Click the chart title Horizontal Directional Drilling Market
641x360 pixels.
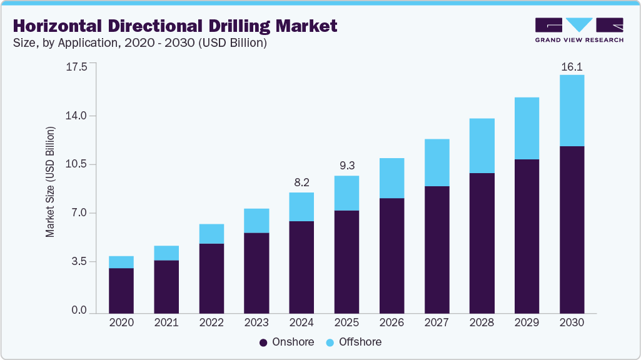tap(175, 26)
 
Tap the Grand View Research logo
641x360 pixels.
tap(579, 30)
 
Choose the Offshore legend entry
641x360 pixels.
tap(353, 342)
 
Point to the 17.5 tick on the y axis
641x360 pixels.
tap(77, 67)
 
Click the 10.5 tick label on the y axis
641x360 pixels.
tap(77, 164)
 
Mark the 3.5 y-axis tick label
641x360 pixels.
tap(79, 262)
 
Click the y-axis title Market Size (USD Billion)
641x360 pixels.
tap(50, 182)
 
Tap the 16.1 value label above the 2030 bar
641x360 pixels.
tap(572, 66)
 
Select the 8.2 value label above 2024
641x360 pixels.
tap(301, 183)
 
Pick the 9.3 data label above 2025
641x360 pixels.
tap(346, 166)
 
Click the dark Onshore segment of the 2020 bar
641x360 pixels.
tap(121, 291)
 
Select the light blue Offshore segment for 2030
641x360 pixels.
tap(572, 111)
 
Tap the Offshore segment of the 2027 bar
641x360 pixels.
tap(437, 162)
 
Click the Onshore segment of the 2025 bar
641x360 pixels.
tap(346, 262)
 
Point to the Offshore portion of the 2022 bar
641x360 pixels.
tap(211, 234)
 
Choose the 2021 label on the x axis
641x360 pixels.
tap(166, 323)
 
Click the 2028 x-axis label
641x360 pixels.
tap(482, 323)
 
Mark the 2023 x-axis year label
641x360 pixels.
tap(256, 323)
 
